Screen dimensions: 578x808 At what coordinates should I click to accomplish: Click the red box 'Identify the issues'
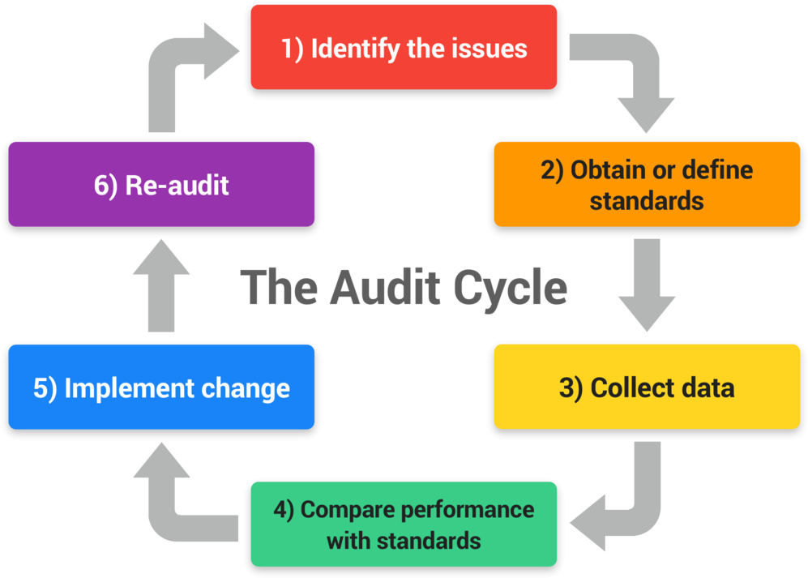(404, 47)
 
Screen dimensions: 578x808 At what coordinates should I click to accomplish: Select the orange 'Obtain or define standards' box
(647, 184)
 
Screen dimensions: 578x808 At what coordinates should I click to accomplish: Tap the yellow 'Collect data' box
(647, 387)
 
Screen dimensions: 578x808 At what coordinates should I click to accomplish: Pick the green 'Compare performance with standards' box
(404, 524)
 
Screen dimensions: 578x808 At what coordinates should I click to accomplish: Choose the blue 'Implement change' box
(161, 387)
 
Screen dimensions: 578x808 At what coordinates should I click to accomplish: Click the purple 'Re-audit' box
(161, 184)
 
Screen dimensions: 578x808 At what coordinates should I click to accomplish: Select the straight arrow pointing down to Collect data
(647, 284)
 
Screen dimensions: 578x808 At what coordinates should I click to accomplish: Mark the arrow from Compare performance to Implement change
(174, 503)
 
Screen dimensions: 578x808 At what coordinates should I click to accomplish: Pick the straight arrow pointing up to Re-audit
(161, 284)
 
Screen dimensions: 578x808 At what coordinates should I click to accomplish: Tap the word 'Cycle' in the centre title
(510, 288)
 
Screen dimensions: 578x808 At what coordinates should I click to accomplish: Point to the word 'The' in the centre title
(280, 288)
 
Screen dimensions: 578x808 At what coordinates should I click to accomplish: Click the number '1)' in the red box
(293, 48)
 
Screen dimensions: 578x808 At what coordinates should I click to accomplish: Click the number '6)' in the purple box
(105, 185)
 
